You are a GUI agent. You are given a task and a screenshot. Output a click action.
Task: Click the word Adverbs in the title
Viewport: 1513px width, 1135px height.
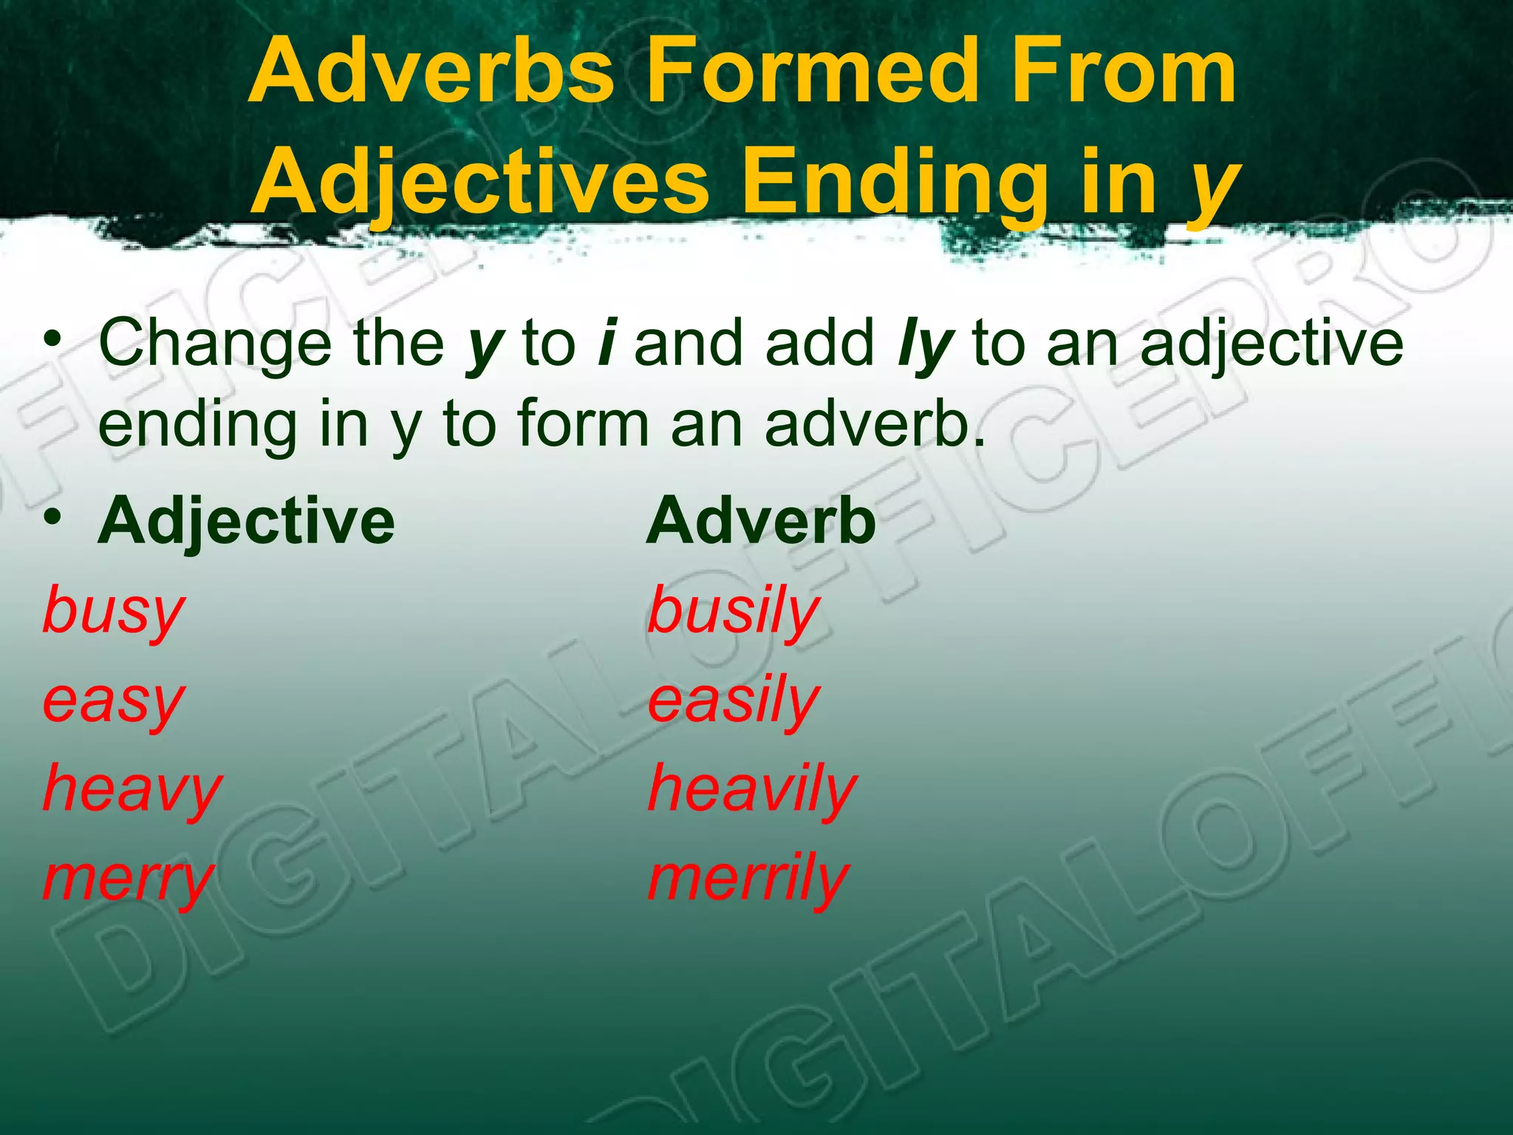[x=431, y=72]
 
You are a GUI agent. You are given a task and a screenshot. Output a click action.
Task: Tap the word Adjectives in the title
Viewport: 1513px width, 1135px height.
[x=480, y=182]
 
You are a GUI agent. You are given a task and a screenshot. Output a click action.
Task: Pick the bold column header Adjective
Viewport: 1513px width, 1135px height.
[x=246, y=522]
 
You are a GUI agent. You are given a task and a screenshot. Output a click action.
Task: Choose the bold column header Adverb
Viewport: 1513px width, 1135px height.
[x=762, y=521]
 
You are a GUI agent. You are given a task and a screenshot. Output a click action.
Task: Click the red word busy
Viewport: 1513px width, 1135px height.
[x=113, y=613]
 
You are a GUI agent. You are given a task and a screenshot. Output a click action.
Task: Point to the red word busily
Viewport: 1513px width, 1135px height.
[x=734, y=613]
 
